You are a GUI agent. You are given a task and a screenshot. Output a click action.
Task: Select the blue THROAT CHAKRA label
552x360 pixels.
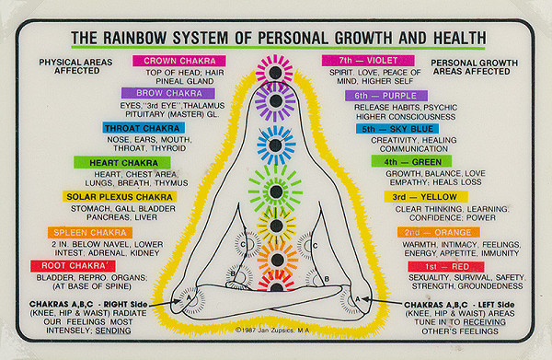tap(157, 128)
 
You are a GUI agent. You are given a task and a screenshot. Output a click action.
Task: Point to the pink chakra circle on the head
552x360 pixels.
tap(275, 69)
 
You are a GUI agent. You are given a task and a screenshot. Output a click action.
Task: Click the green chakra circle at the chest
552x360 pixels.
tap(275, 192)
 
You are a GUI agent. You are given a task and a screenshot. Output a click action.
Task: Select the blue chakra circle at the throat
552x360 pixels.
tap(275, 144)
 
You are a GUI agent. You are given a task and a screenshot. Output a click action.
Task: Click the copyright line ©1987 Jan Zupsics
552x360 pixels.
tap(276, 328)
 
